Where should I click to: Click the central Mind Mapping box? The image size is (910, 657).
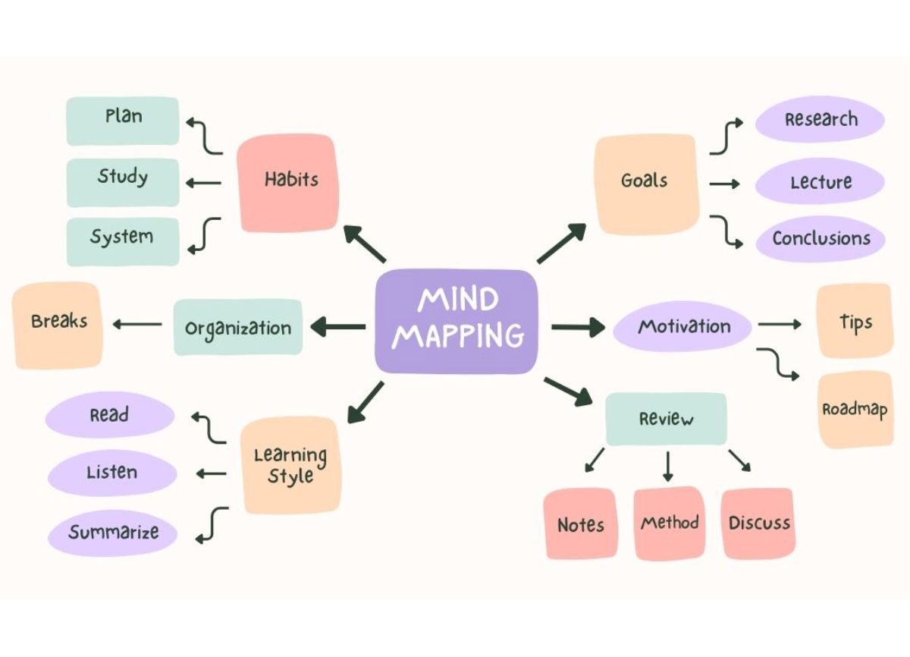(x=457, y=322)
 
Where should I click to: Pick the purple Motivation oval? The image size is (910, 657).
(x=682, y=327)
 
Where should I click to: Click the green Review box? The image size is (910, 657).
(x=666, y=419)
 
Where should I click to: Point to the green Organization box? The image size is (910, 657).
(x=238, y=328)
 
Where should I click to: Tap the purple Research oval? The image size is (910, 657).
(x=820, y=120)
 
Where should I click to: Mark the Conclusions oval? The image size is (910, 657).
(x=820, y=239)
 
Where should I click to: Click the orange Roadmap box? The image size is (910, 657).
(x=855, y=410)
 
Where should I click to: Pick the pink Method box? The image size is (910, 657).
(x=669, y=523)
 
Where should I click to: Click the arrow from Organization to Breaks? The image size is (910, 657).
(x=137, y=325)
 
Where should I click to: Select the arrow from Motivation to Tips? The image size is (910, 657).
(x=780, y=325)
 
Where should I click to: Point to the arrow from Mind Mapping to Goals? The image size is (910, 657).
(x=561, y=244)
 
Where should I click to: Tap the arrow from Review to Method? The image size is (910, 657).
(x=667, y=467)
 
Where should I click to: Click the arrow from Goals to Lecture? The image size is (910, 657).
(x=724, y=184)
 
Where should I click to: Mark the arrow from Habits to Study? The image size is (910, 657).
(x=203, y=182)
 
